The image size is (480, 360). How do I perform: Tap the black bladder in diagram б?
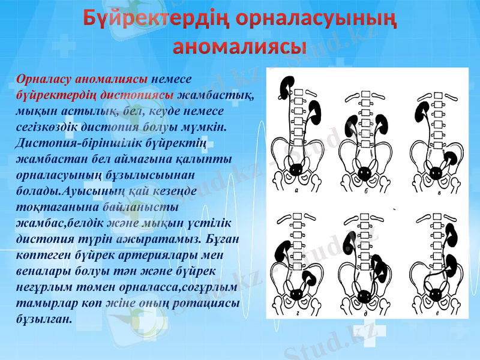[x=364, y=173]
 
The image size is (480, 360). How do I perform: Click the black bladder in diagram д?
[x=364, y=295]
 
